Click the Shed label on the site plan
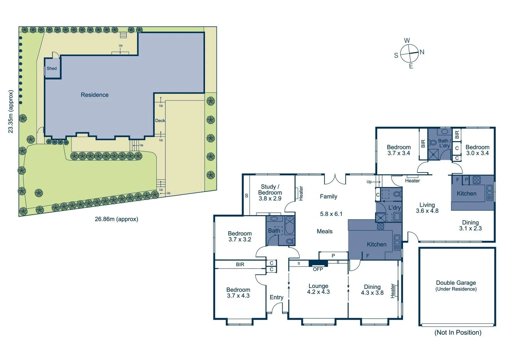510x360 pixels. tap(51, 68)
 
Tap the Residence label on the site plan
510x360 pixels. tap(94, 95)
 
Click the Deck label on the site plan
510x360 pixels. tap(160, 121)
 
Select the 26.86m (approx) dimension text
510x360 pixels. tap(116, 219)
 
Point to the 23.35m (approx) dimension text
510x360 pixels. tap(11, 112)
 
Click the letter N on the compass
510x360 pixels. tap(422, 52)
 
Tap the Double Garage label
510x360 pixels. tap(456, 283)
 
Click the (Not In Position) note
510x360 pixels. tap(458, 332)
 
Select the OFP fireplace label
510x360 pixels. tap(318, 269)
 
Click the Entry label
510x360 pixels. tap(276, 297)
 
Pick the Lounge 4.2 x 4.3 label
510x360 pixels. tap(318, 289)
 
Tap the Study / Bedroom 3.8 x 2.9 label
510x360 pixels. tap(270, 193)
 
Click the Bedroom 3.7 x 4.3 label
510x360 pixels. tap(238, 293)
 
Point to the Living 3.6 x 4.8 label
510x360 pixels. tap(427, 208)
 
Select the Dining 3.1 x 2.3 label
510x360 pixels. tap(470, 225)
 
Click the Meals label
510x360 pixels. tap(324, 231)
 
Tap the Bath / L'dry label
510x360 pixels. tap(444, 143)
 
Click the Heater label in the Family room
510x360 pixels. tap(301, 193)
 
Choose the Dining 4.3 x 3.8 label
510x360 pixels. tap(372, 290)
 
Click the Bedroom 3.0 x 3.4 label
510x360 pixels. tap(477, 150)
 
